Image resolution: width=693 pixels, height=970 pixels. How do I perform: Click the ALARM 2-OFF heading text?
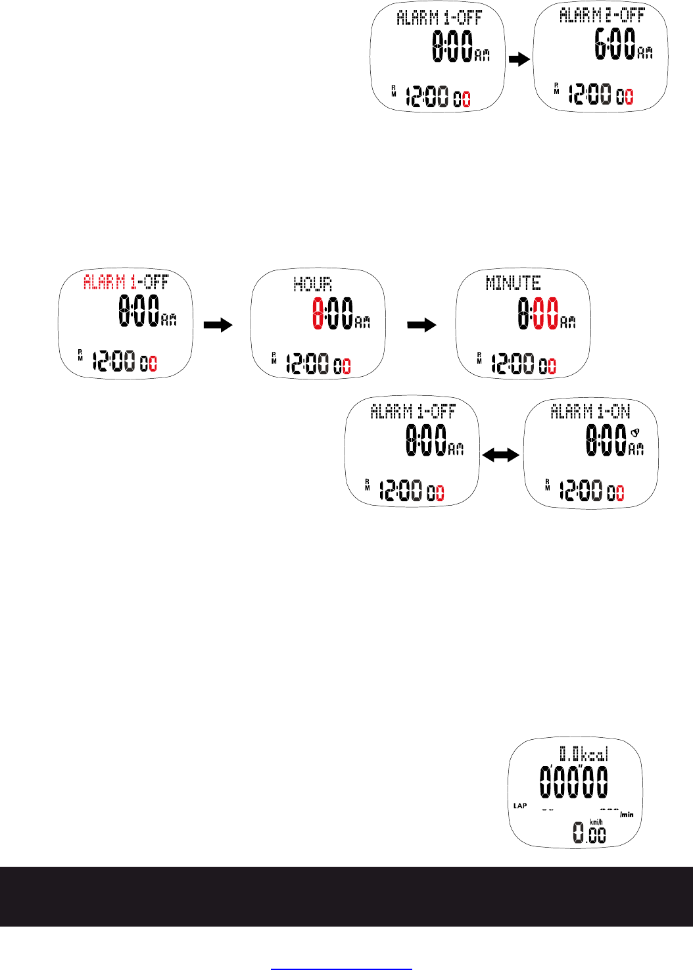pos(602,15)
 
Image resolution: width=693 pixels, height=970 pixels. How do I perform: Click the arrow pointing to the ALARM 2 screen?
pos(519,59)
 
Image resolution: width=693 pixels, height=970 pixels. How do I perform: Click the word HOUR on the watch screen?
pos(312,285)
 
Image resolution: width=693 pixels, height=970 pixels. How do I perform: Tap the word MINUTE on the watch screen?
pos(514,283)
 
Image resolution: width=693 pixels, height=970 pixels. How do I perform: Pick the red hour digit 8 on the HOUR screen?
pos(318,313)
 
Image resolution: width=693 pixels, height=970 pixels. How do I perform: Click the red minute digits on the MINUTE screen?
pos(547,313)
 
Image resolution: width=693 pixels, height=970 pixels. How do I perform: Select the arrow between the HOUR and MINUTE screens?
pos(421,325)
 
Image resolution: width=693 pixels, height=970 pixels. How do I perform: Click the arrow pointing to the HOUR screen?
pos(218,325)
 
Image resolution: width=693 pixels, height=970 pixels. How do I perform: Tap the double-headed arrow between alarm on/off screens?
pos(500,455)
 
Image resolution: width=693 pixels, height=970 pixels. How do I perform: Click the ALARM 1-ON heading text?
pos(590,412)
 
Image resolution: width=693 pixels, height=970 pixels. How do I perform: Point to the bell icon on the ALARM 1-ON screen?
pos(635,433)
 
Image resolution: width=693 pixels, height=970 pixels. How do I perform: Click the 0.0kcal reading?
pos(584,753)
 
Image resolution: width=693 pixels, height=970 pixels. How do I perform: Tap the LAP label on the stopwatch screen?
pos(520,806)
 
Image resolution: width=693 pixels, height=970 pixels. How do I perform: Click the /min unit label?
pos(627,814)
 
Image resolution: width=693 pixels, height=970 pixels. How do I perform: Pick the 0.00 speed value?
pos(589,834)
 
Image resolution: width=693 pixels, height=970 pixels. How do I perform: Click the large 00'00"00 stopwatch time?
pos(573,782)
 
